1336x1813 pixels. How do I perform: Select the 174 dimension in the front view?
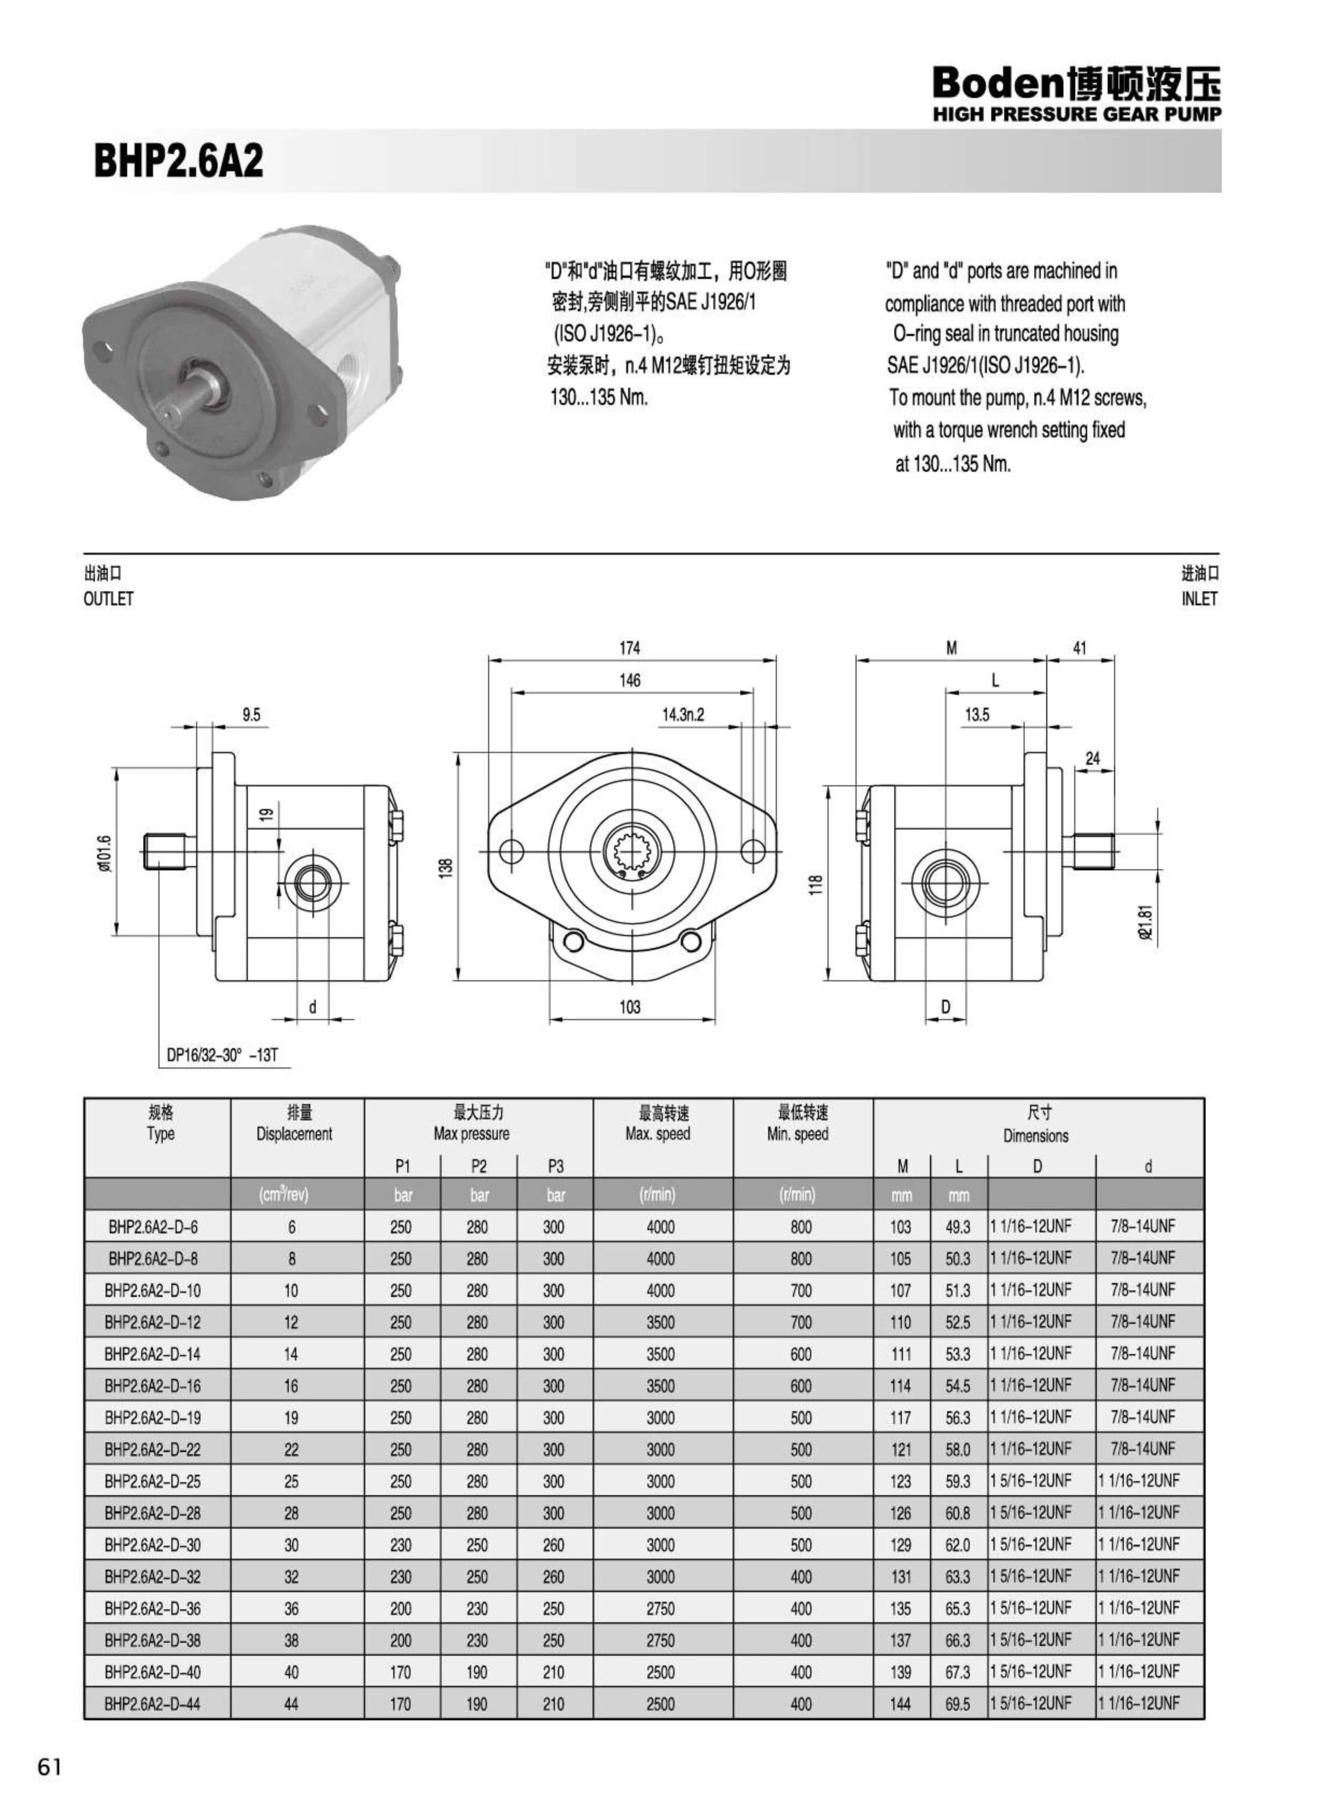point(629,648)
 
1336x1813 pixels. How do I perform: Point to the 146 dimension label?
point(629,680)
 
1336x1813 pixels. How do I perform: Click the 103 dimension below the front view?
point(629,1007)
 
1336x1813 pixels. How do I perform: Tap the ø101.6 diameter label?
point(105,853)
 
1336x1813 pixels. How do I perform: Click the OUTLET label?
point(108,599)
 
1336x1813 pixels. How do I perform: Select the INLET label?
point(1199,599)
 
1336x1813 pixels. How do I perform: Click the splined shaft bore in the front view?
point(635,850)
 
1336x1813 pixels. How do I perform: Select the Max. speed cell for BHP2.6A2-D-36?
point(660,1608)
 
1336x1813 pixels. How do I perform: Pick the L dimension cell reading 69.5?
point(957,1704)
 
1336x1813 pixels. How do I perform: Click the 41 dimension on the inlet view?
point(1079,648)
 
